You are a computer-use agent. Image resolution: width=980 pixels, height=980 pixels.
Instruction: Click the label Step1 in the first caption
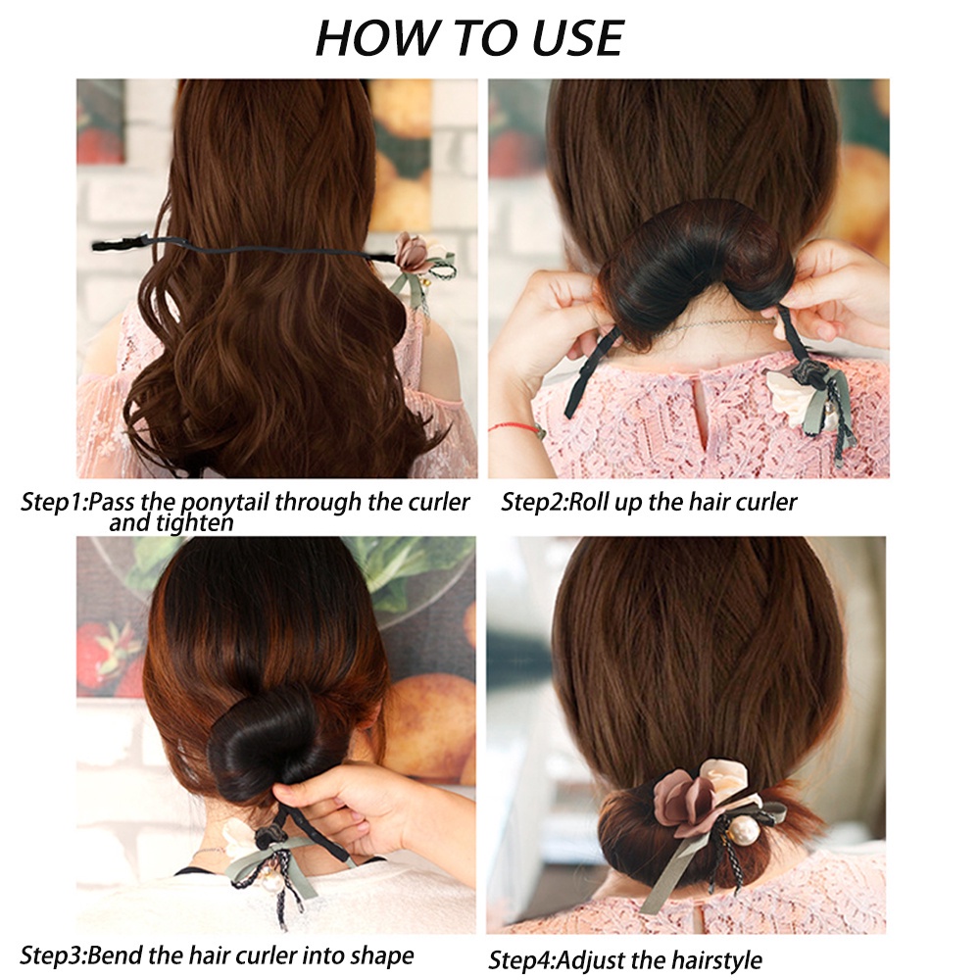[x=53, y=503]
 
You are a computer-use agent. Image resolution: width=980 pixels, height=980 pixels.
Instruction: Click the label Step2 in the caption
[x=533, y=503]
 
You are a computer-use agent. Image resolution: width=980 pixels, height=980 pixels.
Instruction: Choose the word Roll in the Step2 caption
[x=587, y=502]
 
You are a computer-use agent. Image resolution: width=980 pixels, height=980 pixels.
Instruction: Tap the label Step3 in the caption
[x=52, y=955]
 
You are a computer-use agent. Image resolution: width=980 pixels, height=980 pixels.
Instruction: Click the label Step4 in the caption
[x=520, y=959]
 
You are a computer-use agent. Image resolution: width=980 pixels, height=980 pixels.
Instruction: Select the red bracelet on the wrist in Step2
[x=515, y=427]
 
